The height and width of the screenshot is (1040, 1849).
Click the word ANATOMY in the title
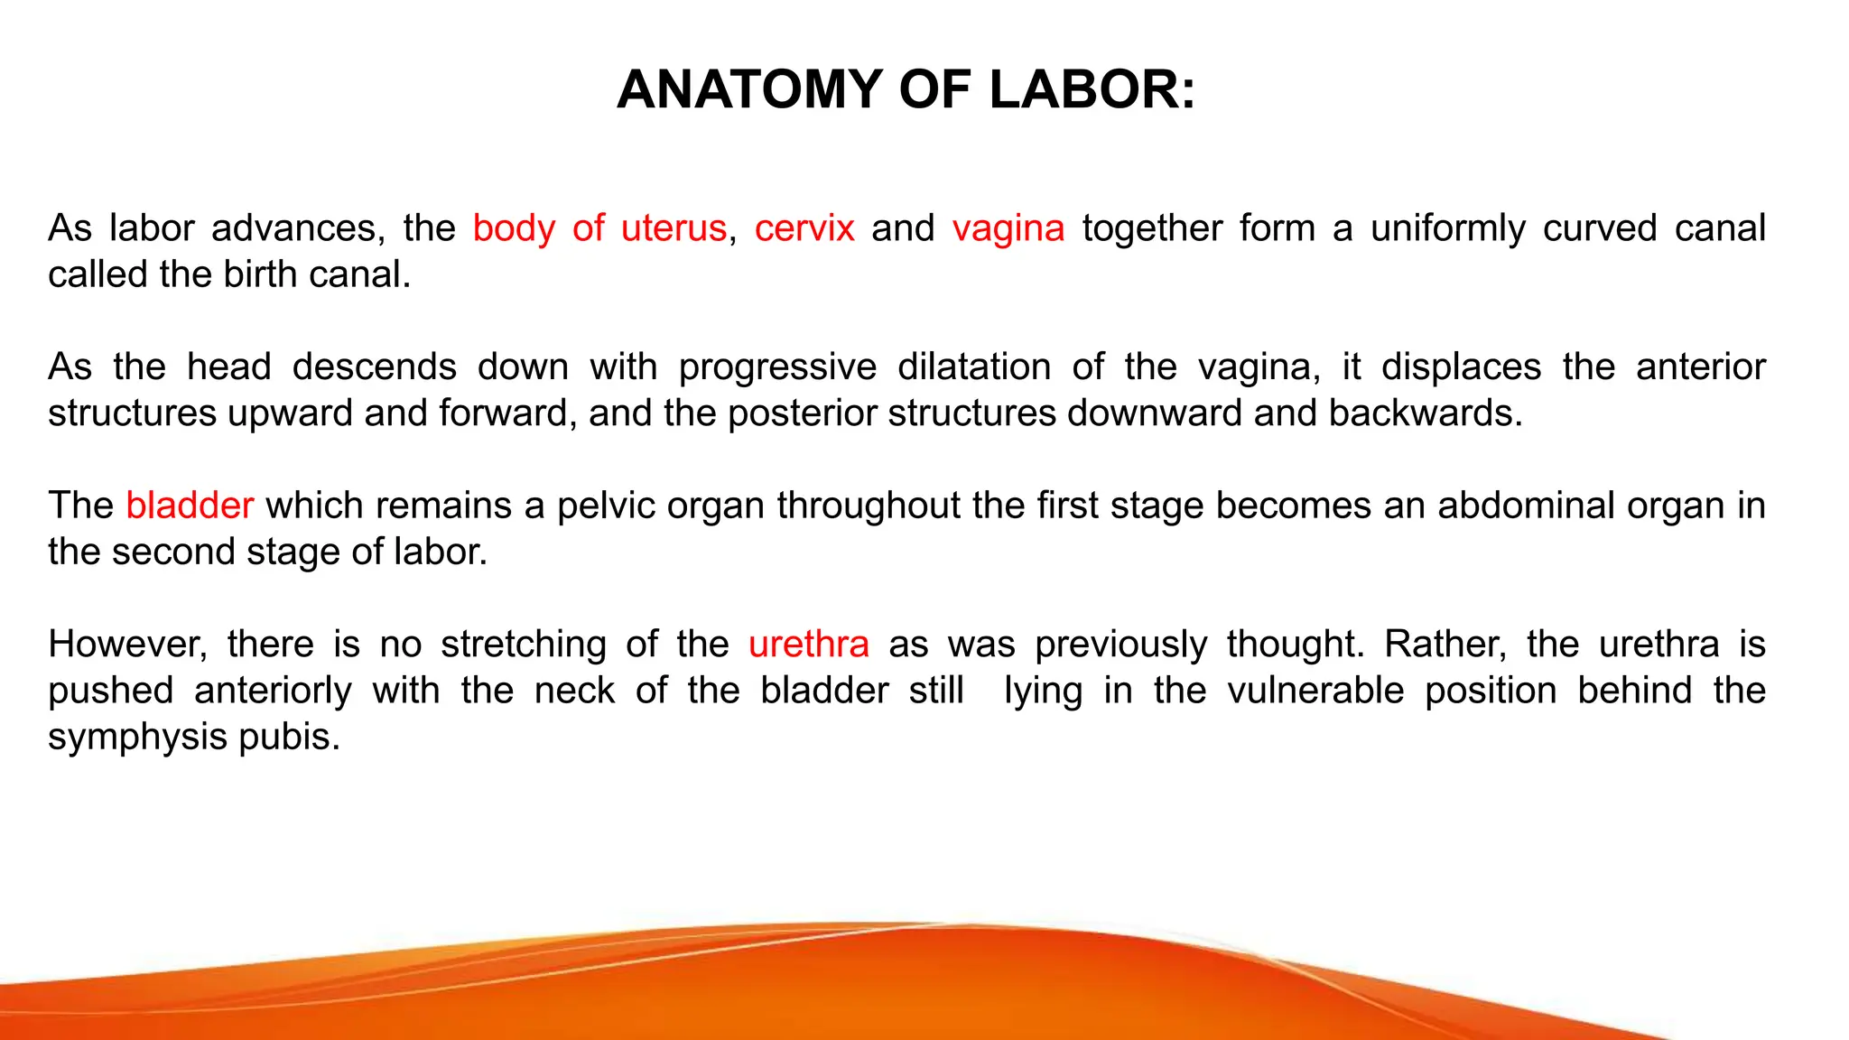coord(749,89)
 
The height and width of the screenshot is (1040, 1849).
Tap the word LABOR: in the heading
coord(1092,89)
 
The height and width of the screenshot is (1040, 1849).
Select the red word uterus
coord(674,228)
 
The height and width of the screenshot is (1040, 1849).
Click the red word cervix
coord(804,228)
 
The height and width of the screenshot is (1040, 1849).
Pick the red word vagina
coord(1008,228)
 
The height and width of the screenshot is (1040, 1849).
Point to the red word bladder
coord(190,506)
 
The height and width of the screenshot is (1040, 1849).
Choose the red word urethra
coord(809,645)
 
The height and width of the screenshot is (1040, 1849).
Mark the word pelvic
coord(607,506)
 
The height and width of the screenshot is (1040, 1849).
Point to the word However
coord(127,645)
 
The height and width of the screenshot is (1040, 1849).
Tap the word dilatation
coord(974,367)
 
